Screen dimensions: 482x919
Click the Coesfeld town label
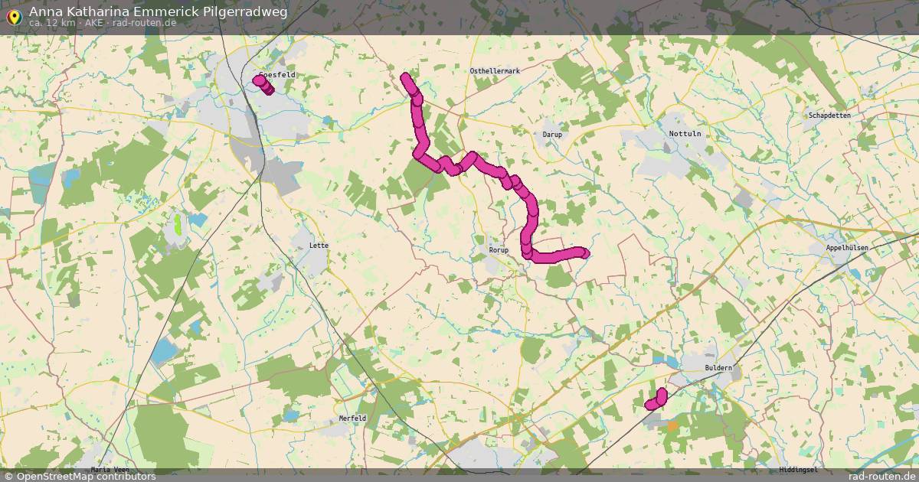pyautogui.click(x=277, y=75)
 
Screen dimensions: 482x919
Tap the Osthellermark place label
pyautogui.click(x=495, y=71)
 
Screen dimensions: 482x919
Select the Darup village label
pyautogui.click(x=552, y=135)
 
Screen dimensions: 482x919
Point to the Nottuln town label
pyautogui.click(x=685, y=134)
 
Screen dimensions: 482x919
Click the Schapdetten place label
pyautogui.click(x=829, y=116)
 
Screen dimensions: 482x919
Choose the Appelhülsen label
pyautogui.click(x=847, y=249)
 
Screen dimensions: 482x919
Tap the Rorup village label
pyautogui.click(x=499, y=250)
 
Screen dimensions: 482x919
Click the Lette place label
pyautogui.click(x=318, y=246)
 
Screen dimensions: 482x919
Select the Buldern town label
pyautogui.click(x=718, y=368)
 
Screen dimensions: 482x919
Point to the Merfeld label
pyautogui.click(x=352, y=418)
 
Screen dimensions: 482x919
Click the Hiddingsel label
pyautogui.click(x=797, y=469)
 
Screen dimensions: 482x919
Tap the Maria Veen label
pyautogui.click(x=110, y=469)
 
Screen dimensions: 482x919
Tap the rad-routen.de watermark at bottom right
pyautogui.click(x=882, y=476)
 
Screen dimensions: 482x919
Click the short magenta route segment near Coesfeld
pyautogui.click(x=263, y=84)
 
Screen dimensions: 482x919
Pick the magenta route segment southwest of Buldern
pyautogui.click(x=656, y=399)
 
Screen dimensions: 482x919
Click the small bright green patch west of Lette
pyautogui.click(x=178, y=224)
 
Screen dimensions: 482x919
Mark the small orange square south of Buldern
pyautogui.click(x=672, y=425)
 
